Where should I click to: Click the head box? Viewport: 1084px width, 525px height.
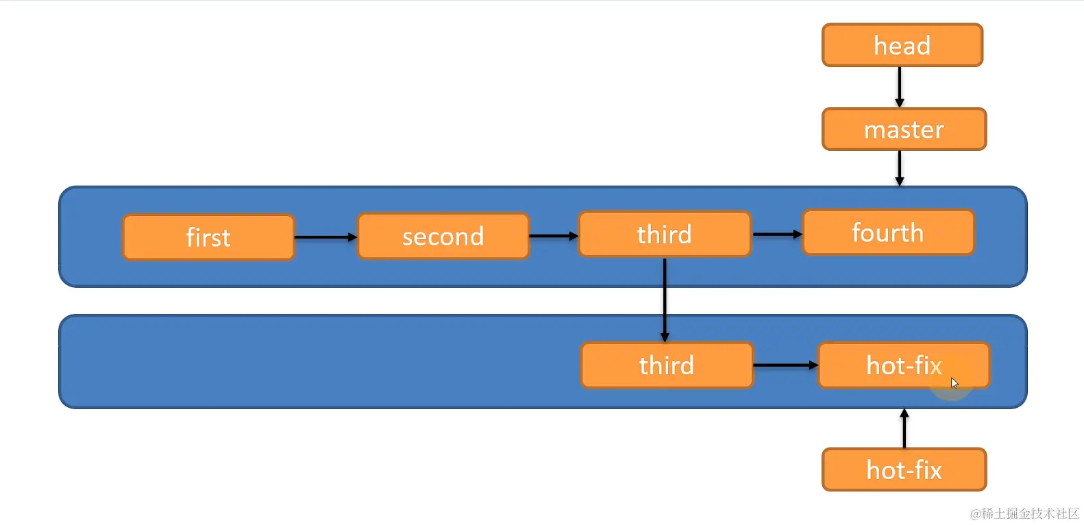point(902,45)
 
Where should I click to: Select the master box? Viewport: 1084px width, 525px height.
point(904,129)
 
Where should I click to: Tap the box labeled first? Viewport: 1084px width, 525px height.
point(208,237)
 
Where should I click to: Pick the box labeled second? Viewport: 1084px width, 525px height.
point(443,236)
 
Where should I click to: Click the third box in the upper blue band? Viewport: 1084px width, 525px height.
point(664,234)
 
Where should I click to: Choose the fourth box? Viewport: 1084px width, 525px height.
point(888,233)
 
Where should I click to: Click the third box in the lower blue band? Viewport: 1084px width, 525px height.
point(666,365)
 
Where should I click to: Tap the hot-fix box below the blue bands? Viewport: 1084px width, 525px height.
point(904,470)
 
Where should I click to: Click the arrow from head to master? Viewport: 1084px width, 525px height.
point(900,87)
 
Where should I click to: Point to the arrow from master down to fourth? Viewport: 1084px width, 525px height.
point(900,168)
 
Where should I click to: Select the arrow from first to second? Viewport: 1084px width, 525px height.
point(325,237)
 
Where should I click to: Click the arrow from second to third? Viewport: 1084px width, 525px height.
point(554,236)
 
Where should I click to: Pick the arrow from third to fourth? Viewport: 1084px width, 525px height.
point(777,234)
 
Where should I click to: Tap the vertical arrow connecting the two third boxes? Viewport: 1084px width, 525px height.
point(665,300)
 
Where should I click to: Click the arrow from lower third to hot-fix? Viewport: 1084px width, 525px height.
point(785,365)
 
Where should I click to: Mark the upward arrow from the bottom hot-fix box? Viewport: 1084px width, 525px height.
point(904,429)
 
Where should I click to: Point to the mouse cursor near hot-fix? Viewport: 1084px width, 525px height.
point(954,382)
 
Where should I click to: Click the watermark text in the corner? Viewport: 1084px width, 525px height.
point(1024,513)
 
